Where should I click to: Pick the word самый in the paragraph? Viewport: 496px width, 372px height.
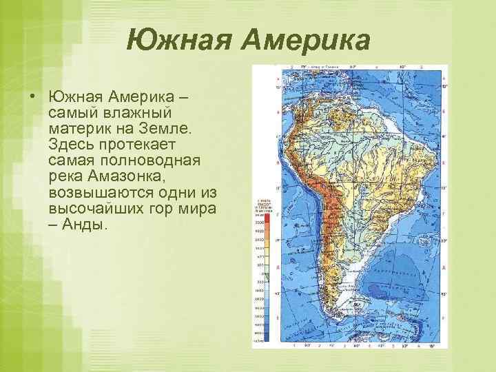click(73, 112)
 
